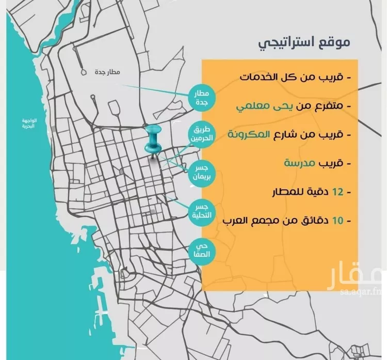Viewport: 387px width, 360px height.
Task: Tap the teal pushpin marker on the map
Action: coord(153,138)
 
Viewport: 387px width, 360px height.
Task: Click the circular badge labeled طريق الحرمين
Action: coord(201,135)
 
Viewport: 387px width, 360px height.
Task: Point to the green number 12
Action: coord(337,192)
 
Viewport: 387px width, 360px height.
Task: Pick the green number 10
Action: coord(337,221)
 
